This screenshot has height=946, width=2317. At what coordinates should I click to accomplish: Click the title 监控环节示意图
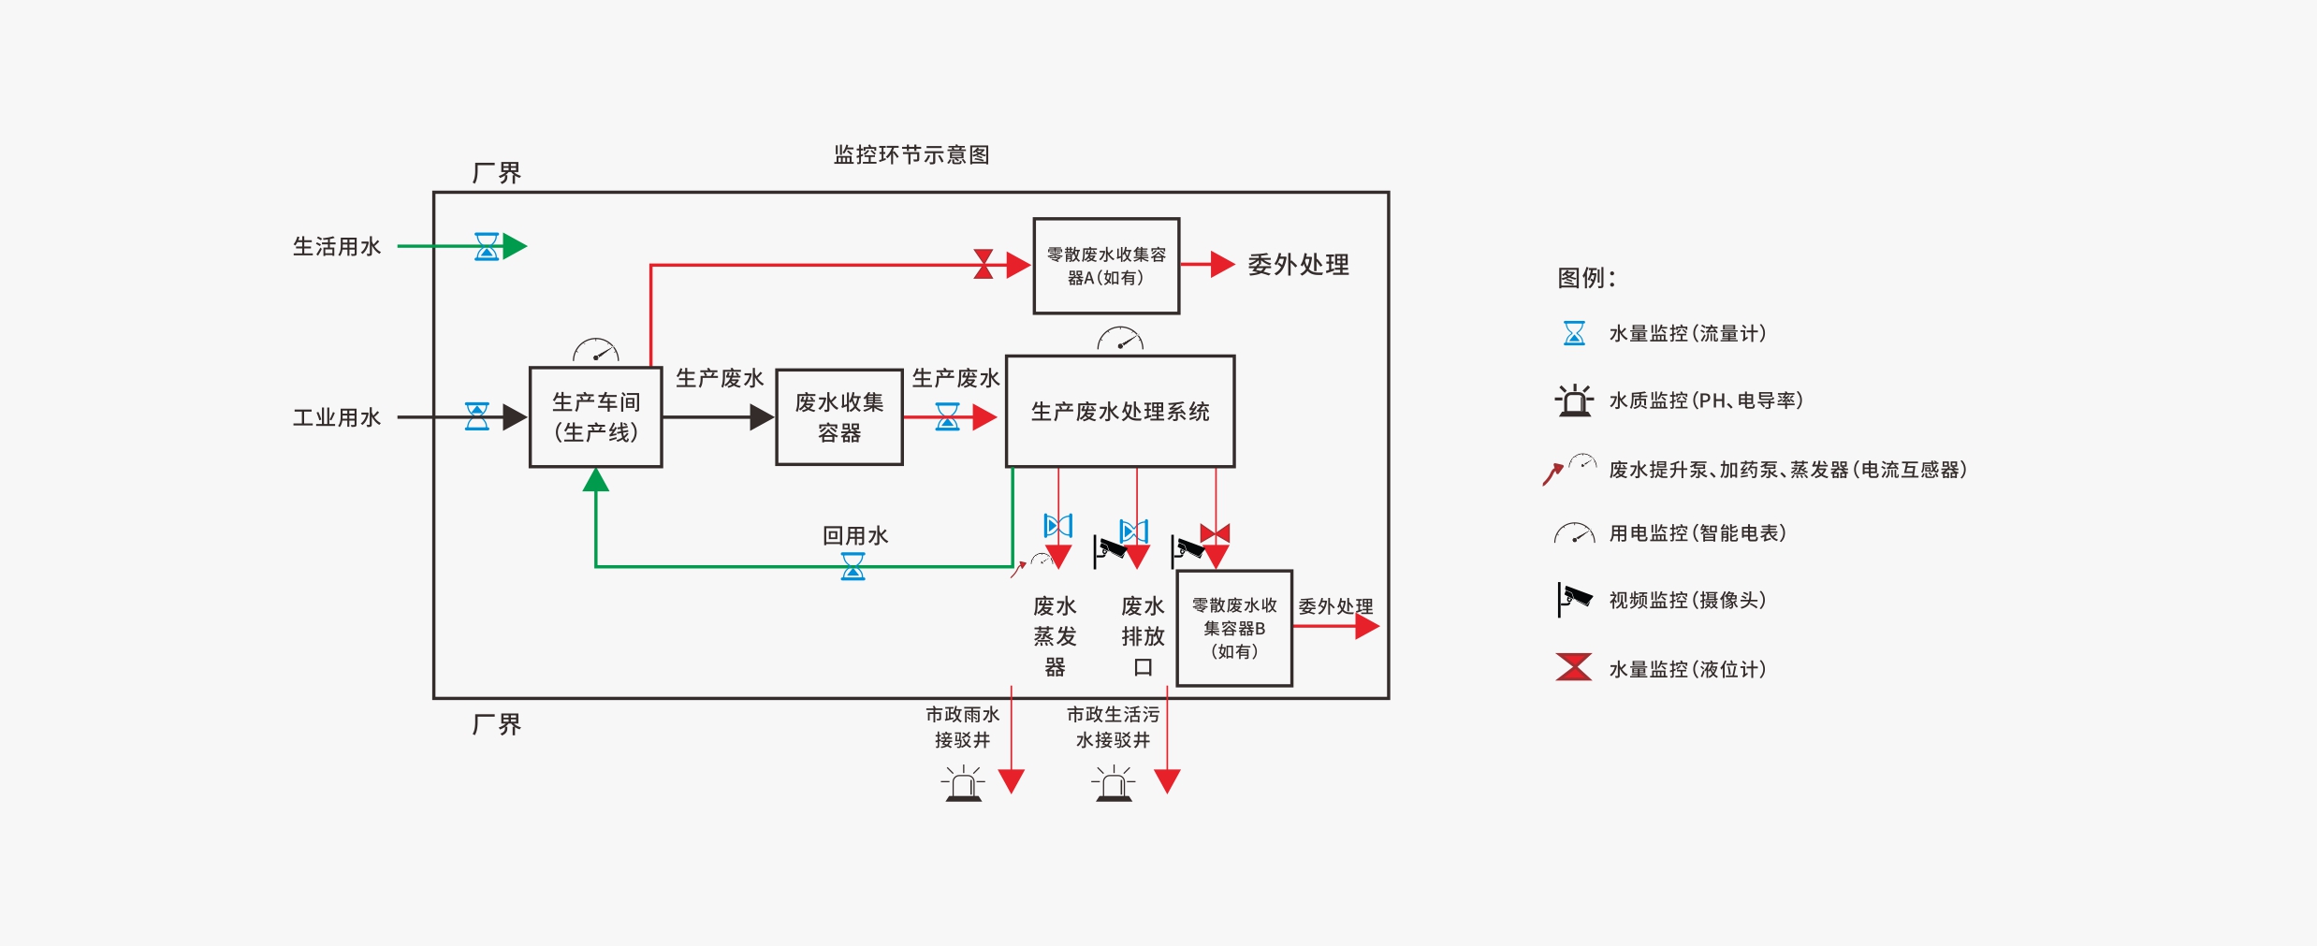point(911,154)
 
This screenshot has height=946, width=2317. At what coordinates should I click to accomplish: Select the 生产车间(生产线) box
point(595,417)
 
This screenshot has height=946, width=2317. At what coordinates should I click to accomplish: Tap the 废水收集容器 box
point(838,417)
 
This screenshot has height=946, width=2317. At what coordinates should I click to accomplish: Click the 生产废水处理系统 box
point(1119,412)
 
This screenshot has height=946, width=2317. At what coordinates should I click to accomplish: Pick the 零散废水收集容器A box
point(1105,266)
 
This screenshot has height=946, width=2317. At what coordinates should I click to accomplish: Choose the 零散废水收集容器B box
point(1233,629)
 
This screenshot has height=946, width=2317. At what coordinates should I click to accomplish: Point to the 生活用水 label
point(337,247)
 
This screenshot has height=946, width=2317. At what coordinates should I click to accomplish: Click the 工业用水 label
point(337,417)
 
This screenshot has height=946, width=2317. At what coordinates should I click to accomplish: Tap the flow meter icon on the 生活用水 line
point(487,247)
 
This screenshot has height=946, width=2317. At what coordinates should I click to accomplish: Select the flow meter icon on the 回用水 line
point(852,566)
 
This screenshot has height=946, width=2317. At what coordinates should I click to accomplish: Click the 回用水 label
point(854,535)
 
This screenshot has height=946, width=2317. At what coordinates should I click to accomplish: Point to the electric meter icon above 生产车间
point(596,351)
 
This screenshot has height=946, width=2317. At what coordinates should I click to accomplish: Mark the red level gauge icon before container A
point(984,264)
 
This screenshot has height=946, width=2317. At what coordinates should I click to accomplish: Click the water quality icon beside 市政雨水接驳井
point(963,784)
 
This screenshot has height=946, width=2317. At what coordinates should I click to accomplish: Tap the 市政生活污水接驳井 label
point(1113,727)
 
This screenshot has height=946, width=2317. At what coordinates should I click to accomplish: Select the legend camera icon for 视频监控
point(1574,600)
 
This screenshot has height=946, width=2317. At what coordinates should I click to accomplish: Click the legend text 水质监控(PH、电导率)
point(1705,400)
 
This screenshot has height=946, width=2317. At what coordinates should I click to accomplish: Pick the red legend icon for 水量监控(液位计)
point(1574,667)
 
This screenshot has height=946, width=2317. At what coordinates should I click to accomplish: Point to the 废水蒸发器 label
point(1055,636)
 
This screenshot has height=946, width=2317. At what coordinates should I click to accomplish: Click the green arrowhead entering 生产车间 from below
point(596,481)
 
